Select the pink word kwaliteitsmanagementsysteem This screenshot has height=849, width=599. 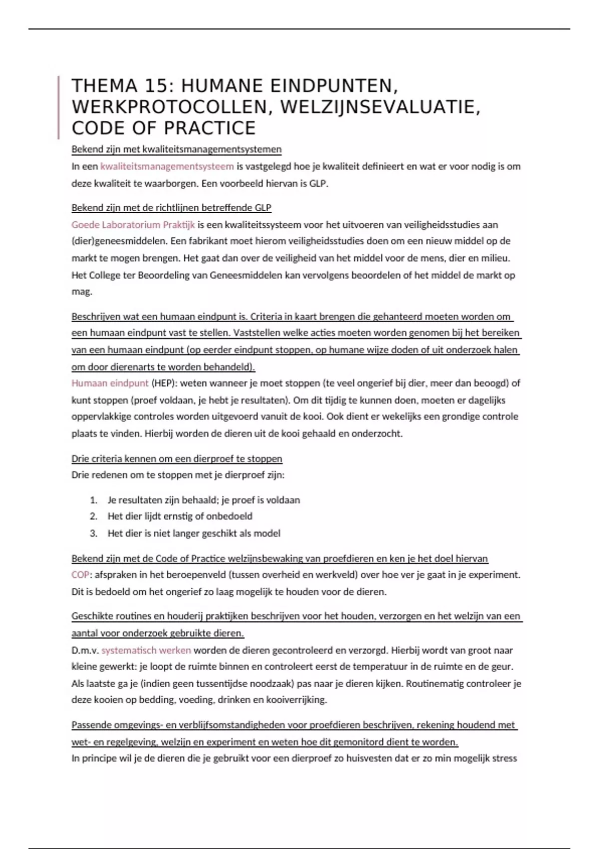click(x=167, y=166)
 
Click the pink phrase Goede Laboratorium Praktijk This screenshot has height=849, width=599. click(x=133, y=225)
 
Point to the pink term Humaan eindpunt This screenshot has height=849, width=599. click(x=110, y=383)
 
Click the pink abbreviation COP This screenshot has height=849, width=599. click(x=80, y=575)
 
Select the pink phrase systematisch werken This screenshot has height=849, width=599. click(x=146, y=650)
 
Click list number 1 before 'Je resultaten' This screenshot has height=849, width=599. click(x=93, y=500)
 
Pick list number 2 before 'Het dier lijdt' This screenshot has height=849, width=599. click(x=93, y=516)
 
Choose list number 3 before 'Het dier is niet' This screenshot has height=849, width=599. click(x=93, y=533)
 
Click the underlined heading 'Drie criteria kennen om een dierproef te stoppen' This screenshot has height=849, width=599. click(x=177, y=458)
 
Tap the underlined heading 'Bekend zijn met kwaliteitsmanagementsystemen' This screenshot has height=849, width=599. click(x=176, y=149)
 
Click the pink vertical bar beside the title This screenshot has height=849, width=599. click(x=59, y=107)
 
